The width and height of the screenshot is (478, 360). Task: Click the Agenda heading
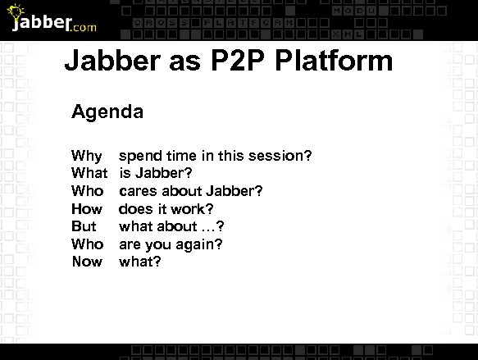click(x=107, y=112)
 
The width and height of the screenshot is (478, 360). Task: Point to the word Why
click(x=87, y=156)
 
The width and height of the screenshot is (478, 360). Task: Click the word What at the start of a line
click(x=89, y=173)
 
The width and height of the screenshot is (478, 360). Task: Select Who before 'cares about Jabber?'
click(x=88, y=191)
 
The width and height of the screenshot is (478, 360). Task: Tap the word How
click(x=87, y=209)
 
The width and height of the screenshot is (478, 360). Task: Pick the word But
click(x=84, y=226)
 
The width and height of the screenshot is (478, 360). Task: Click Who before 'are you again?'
click(x=88, y=244)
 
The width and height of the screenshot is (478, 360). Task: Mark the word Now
click(x=87, y=262)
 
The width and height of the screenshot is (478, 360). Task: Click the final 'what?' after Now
click(x=140, y=262)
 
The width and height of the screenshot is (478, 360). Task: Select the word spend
click(x=140, y=156)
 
